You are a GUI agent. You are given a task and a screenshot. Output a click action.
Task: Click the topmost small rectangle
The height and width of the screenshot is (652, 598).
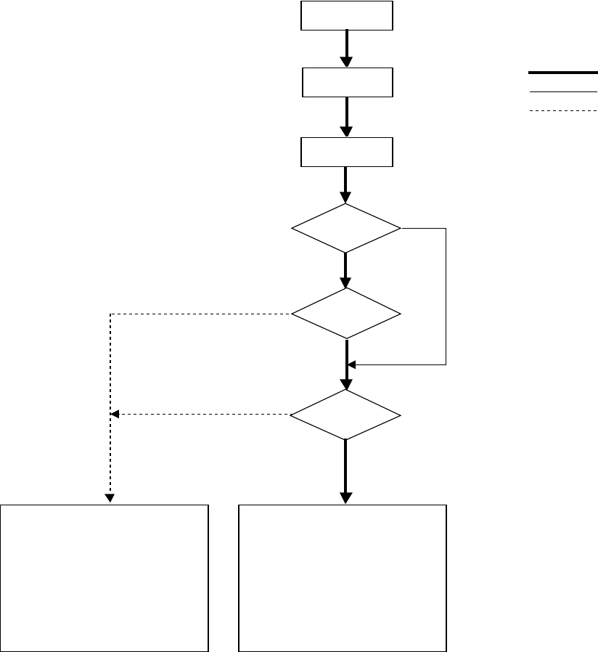pos(347,15)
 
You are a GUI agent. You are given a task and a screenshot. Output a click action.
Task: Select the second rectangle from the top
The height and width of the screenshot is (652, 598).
pos(347,82)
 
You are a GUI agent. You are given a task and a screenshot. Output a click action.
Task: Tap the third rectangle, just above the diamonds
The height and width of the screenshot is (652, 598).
pos(347,152)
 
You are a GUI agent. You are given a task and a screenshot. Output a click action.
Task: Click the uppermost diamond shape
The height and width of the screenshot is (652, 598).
pos(345,228)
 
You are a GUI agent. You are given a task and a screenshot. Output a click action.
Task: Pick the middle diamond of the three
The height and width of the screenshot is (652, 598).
pos(345,314)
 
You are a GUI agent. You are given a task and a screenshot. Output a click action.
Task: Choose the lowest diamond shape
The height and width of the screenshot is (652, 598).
pos(345,415)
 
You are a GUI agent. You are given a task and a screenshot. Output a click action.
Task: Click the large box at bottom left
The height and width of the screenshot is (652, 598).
pos(105,577)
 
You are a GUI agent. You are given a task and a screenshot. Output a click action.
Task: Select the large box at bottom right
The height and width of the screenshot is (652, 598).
pos(343,577)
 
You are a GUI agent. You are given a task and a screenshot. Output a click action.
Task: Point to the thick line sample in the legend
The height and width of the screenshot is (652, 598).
pos(562,73)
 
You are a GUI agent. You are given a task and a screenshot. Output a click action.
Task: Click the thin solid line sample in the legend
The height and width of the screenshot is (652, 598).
pos(562,93)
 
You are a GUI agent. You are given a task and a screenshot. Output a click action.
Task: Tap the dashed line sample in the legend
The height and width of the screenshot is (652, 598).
pos(562,110)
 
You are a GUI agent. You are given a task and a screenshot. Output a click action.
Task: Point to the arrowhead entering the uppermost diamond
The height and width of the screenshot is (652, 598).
pos(345,197)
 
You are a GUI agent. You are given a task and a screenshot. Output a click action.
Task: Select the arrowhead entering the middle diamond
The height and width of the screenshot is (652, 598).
pos(345,282)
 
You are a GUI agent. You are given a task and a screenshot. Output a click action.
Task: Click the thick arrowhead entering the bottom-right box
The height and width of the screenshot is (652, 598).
pos(345,498)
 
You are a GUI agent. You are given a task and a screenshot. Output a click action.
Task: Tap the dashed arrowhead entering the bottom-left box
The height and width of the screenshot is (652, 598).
pos(110,499)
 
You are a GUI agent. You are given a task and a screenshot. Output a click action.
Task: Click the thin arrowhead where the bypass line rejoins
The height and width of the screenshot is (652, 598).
pos(353,364)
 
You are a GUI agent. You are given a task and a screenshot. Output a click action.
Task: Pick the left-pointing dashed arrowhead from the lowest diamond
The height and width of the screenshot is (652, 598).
pos(115,415)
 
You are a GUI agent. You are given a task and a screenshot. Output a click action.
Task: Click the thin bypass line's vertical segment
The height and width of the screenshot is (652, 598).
pos(446,298)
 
